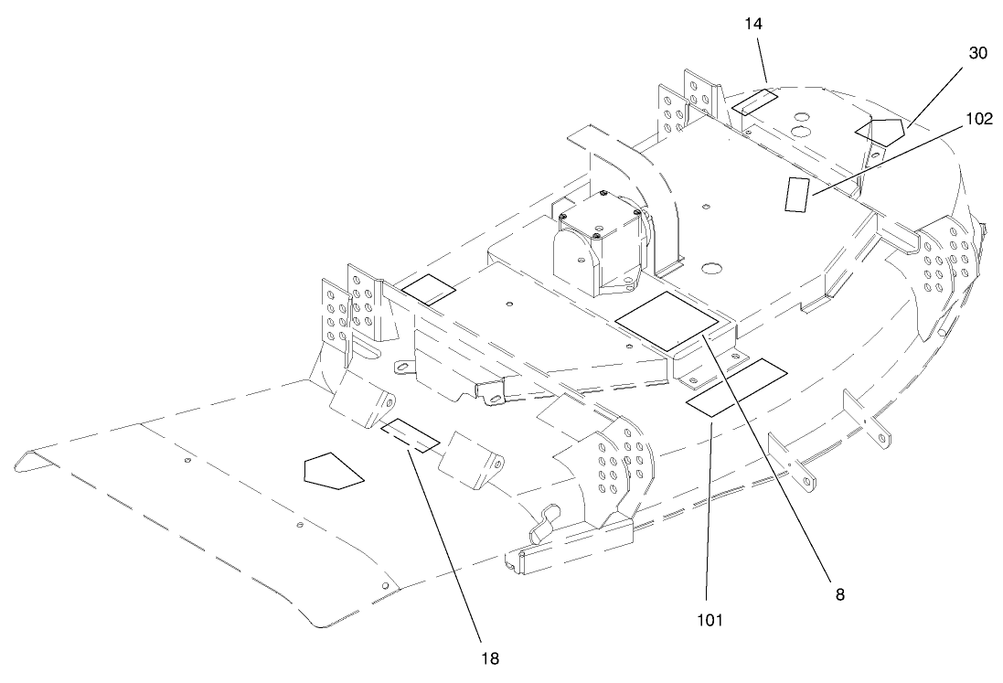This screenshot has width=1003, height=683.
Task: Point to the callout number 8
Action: pyautogui.click(x=839, y=592)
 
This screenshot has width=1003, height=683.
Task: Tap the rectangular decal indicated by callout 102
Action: pyautogui.click(x=797, y=194)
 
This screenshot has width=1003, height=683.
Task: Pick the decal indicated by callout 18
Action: pyautogui.click(x=410, y=435)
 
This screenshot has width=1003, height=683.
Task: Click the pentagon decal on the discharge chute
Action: pyautogui.click(x=332, y=470)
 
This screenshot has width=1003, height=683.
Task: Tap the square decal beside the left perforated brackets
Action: pyautogui.click(x=428, y=290)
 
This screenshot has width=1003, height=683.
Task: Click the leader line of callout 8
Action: pyautogui.click(x=768, y=457)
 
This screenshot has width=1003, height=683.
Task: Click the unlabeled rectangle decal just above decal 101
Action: pyautogui.click(x=754, y=373)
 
